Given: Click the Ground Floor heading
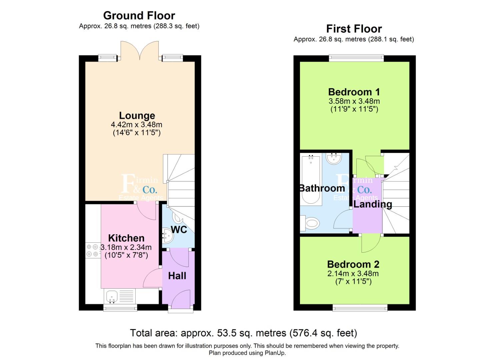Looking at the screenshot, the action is pos(139,16).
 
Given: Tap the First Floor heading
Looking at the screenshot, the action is pos(354,29).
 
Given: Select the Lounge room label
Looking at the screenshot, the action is pos(137,116).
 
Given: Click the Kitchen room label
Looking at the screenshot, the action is pos(126,238).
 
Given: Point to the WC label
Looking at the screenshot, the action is pos(179,230).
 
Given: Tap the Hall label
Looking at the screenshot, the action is pos(177,276).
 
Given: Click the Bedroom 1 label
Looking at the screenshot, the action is pos(354,92).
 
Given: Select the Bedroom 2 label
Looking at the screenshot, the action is pos(353,264).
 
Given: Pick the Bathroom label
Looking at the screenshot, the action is pos(322,188).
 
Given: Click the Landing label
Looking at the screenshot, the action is pos(373,204).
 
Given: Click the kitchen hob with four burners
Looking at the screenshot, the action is pos(92,250).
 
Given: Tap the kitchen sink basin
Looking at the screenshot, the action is pos(112,297).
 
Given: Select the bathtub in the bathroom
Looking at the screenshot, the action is pos(311,180).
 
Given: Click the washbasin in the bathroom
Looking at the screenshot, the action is pos(334,158).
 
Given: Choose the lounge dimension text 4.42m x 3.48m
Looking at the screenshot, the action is pos(137,125).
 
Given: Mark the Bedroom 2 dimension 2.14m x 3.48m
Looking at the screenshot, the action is pos(353,274).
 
